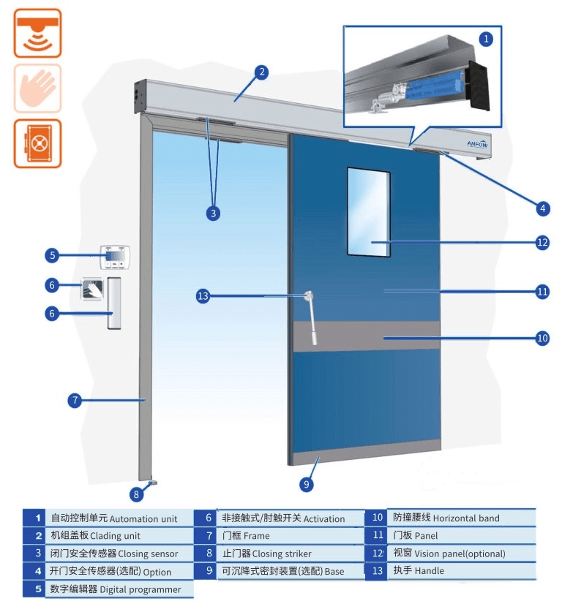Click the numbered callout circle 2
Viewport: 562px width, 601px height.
pyautogui.click(x=261, y=72)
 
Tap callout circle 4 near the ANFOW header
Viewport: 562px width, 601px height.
pyautogui.click(x=542, y=208)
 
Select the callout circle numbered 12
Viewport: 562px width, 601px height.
pyautogui.click(x=542, y=243)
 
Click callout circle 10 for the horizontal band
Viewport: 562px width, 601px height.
pyautogui.click(x=542, y=338)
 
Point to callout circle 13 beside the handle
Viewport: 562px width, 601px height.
pyautogui.click(x=203, y=296)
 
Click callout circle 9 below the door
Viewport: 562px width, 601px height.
pyautogui.click(x=307, y=483)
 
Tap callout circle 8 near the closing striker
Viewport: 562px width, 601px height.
pyautogui.click(x=136, y=494)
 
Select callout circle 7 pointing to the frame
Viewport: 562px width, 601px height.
pyautogui.click(x=74, y=400)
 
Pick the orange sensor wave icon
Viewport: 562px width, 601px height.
pyautogui.click(x=37, y=33)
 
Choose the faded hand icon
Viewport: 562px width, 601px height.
pyautogui.click(x=37, y=88)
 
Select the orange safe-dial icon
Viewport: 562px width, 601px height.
pyautogui.click(x=37, y=143)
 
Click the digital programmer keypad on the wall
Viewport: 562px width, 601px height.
pyautogui.click(x=114, y=257)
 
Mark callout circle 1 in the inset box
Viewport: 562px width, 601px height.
pyautogui.click(x=487, y=36)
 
